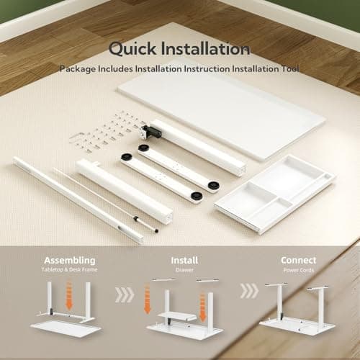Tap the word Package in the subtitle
[x=77, y=69]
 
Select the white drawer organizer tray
[x=274, y=194]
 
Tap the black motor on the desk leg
[x=150, y=132]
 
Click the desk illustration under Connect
[x=297, y=310]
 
